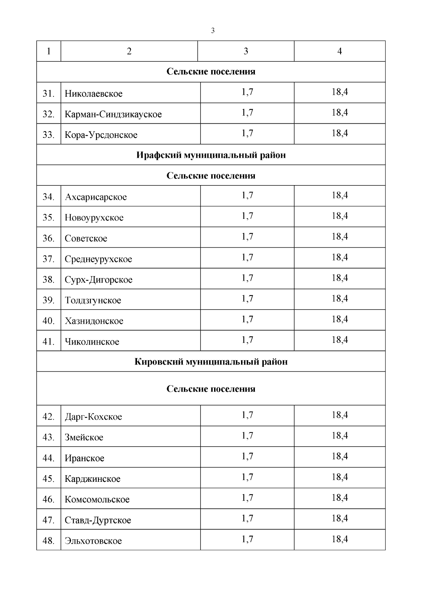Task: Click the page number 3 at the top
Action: tap(213, 31)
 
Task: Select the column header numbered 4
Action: tap(339, 51)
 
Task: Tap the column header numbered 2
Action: tap(129, 51)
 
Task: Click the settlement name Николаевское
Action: tap(93, 94)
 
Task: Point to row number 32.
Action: tap(48, 114)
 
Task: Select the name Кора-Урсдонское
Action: tap(101, 135)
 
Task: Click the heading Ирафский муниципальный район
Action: tap(211, 155)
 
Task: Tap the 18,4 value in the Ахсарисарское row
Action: tap(340, 195)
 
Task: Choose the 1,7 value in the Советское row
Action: tap(247, 237)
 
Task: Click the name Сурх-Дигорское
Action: tap(98, 280)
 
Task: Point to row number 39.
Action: tap(48, 300)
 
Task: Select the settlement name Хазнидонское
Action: tap(94, 321)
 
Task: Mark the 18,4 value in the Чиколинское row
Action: tap(340, 340)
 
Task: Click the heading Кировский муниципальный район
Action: tap(211, 362)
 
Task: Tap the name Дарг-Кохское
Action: tap(93, 417)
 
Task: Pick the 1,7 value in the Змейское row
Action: tap(247, 436)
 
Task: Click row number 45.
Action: tap(48, 479)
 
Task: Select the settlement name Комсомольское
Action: tap(97, 500)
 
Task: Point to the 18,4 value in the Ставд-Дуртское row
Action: tap(340, 518)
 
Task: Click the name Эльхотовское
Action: tap(93, 541)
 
